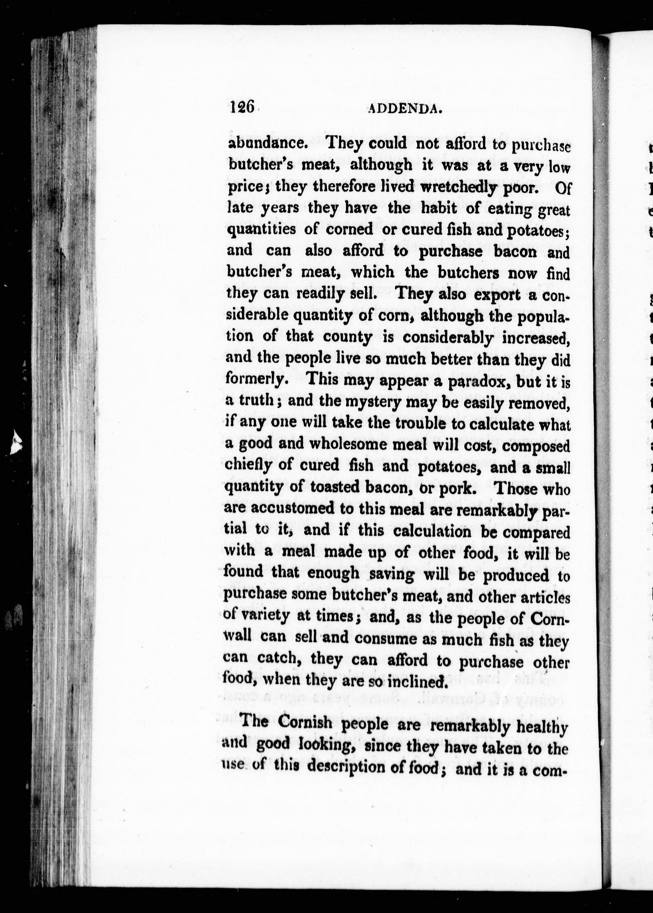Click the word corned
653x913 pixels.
[349, 229]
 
